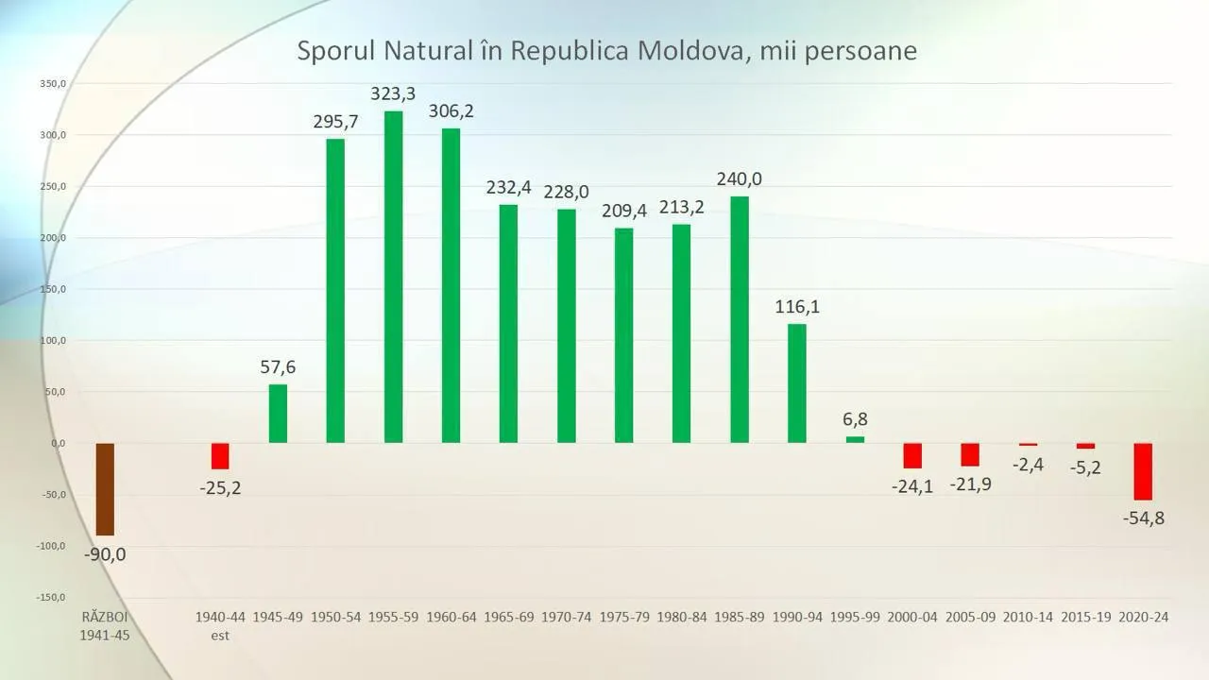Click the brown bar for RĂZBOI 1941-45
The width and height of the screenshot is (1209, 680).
[x=105, y=489]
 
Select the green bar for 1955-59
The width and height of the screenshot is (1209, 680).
[x=394, y=277]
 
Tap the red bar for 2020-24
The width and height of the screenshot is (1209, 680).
[x=1143, y=471]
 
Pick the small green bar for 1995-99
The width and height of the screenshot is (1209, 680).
[x=855, y=440]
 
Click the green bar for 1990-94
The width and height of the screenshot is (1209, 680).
[x=797, y=383]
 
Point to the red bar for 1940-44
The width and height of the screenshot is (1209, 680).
[x=220, y=456]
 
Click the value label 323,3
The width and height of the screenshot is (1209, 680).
[x=393, y=93]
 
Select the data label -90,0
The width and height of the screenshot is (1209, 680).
[x=105, y=554]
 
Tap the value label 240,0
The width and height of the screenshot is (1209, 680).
[x=740, y=179]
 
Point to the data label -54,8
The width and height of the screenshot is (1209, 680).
[x=1144, y=518]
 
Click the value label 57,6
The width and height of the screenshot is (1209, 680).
[x=278, y=367]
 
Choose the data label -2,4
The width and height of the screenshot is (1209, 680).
[x=1029, y=465]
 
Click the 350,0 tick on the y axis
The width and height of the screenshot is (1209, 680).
[x=53, y=84]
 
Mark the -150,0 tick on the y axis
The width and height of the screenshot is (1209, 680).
[x=51, y=598]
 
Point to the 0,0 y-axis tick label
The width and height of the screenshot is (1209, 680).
[x=59, y=444]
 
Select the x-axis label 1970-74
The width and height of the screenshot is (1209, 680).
[x=566, y=617]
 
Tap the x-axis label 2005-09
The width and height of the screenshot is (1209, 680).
[x=970, y=617]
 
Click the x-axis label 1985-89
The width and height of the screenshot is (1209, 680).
[x=740, y=617]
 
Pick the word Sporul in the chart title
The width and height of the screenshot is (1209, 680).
[x=335, y=52]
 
